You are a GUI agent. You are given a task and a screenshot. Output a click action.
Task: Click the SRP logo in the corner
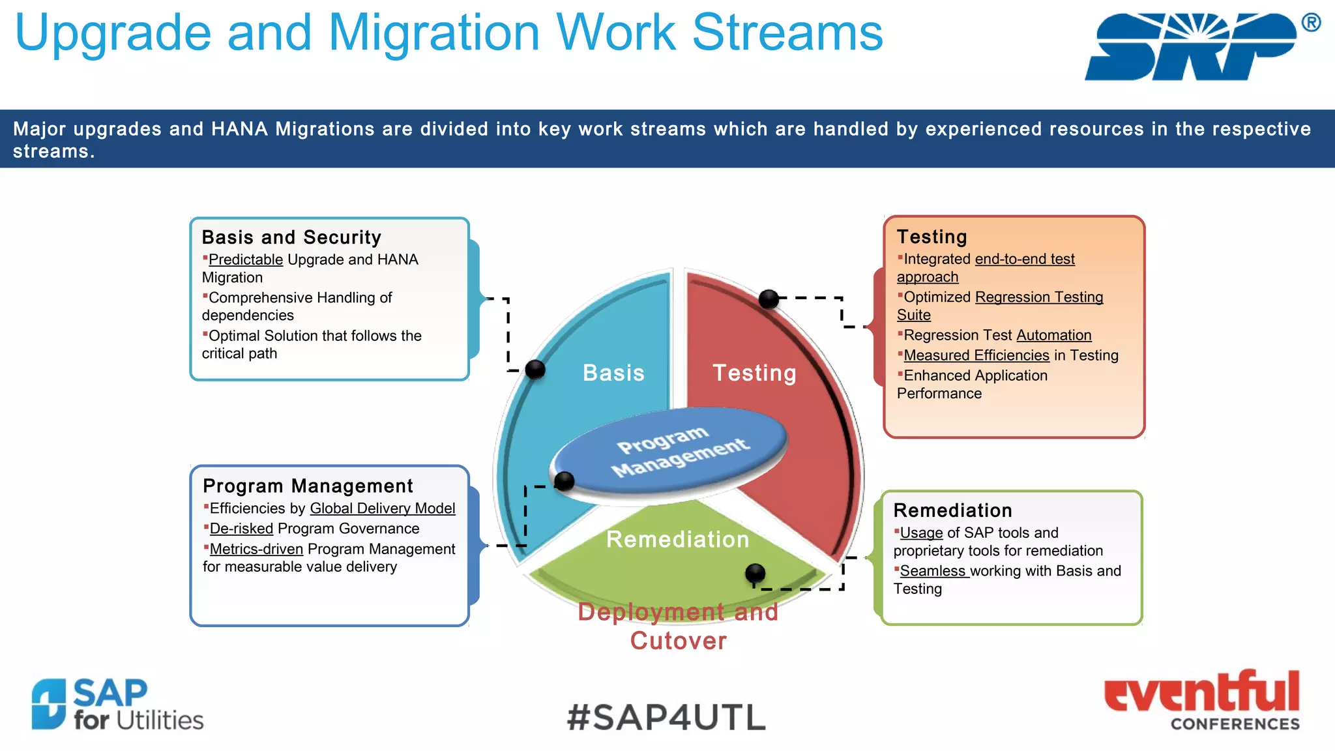[1193, 47]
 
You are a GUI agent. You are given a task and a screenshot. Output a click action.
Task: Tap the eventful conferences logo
[1201, 700]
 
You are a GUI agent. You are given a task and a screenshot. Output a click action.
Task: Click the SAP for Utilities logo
[117, 704]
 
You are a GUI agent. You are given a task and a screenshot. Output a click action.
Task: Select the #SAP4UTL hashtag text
[666, 717]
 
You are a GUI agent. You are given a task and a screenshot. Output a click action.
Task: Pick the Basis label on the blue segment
[613, 373]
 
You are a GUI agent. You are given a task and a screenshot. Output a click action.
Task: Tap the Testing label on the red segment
[754, 373]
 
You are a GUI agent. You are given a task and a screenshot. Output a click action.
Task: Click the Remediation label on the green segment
[678, 539]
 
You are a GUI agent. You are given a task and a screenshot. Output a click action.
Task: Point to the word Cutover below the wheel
[678, 641]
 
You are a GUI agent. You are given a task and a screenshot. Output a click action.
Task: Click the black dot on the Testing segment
[769, 299]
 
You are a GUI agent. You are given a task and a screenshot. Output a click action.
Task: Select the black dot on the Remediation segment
[755, 573]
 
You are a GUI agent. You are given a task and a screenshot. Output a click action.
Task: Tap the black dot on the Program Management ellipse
[564, 481]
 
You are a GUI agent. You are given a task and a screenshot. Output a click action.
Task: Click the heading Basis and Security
[291, 237]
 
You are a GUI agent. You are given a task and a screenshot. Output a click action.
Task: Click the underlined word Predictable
[246, 259]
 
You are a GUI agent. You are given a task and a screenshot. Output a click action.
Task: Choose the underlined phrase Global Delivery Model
[383, 508]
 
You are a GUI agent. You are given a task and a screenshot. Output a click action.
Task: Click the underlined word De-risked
[241, 529]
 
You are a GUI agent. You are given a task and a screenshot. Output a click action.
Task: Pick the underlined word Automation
[1053, 335]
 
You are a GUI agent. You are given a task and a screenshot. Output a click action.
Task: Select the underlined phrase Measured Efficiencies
[976, 355]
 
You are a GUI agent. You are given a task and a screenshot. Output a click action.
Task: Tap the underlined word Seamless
[932, 571]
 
